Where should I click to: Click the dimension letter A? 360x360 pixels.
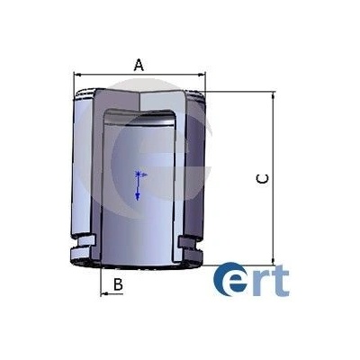pyautogui.click(x=139, y=65)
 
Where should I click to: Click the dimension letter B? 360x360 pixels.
pyautogui.click(x=118, y=284)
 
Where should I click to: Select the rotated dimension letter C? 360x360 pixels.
pyautogui.click(x=262, y=179)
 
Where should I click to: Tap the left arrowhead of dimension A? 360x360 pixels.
pyautogui.click(x=77, y=74)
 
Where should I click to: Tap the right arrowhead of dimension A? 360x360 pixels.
pyautogui.click(x=202, y=74)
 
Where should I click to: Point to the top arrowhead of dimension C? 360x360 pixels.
pyautogui.click(x=273, y=96)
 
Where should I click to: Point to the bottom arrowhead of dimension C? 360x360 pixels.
pyautogui.click(x=273, y=261)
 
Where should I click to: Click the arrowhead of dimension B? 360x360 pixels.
pyautogui.click(x=104, y=294)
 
